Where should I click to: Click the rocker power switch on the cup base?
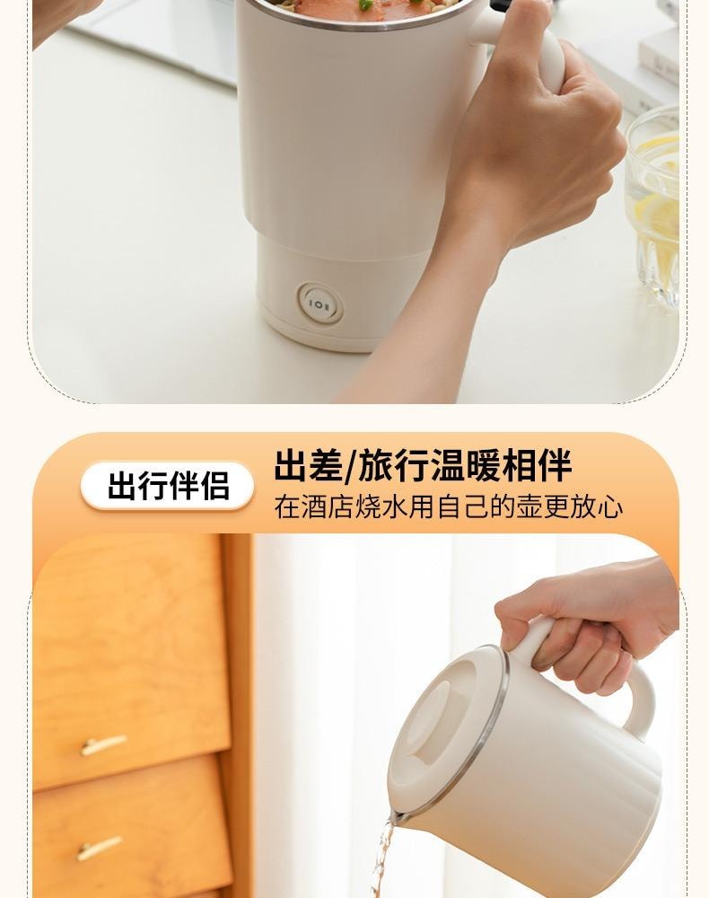320,304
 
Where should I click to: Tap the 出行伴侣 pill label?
168,486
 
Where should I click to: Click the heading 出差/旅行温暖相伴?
423,467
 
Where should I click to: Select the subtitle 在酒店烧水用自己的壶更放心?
449,507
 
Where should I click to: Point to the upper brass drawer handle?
103,744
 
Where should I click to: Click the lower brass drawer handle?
99,847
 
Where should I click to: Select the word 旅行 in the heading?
390,467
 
